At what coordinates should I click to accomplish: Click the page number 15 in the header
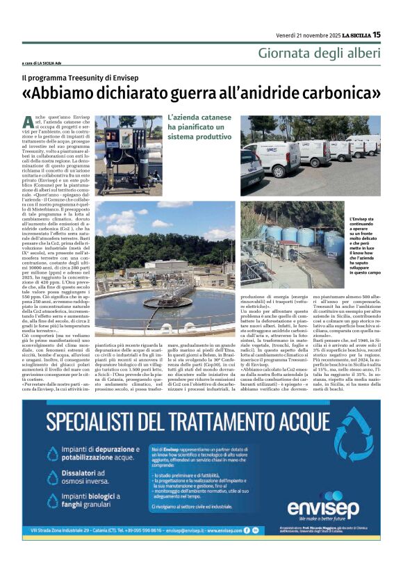pos(377,34)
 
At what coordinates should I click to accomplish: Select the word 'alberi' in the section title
pos(363,53)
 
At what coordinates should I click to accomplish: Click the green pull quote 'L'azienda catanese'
pos(196,120)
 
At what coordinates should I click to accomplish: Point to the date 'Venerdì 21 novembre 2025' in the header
pos(300,34)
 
